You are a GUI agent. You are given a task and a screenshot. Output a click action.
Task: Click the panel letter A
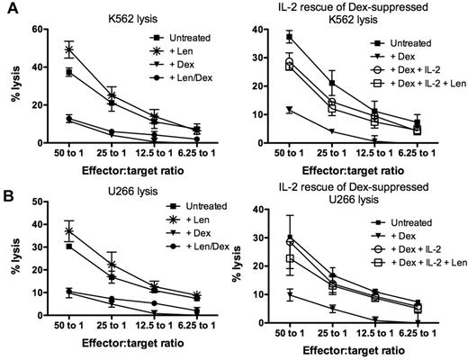click(8, 8)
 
